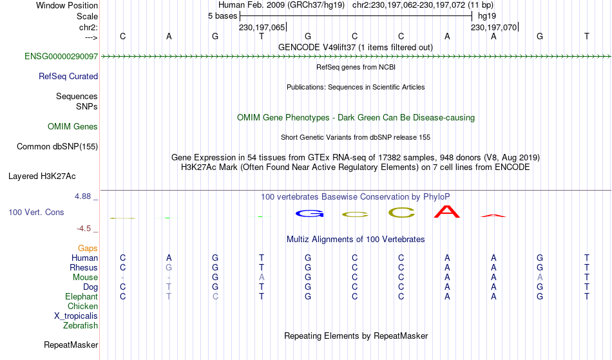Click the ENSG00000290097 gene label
point(61,57)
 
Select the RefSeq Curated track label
point(68,77)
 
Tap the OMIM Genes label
point(73,126)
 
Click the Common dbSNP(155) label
point(57,147)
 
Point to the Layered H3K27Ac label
point(42,176)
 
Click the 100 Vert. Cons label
point(36,212)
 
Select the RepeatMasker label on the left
point(71,345)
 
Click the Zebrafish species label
point(81,326)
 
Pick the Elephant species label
point(82,297)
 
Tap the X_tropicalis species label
point(76,316)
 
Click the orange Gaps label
point(88,249)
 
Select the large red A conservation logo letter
point(447,212)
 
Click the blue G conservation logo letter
point(309,214)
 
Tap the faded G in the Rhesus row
point(169,268)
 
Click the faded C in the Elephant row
point(215,297)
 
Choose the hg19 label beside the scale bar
point(487,16)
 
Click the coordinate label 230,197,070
point(493,28)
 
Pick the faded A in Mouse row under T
point(262,278)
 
